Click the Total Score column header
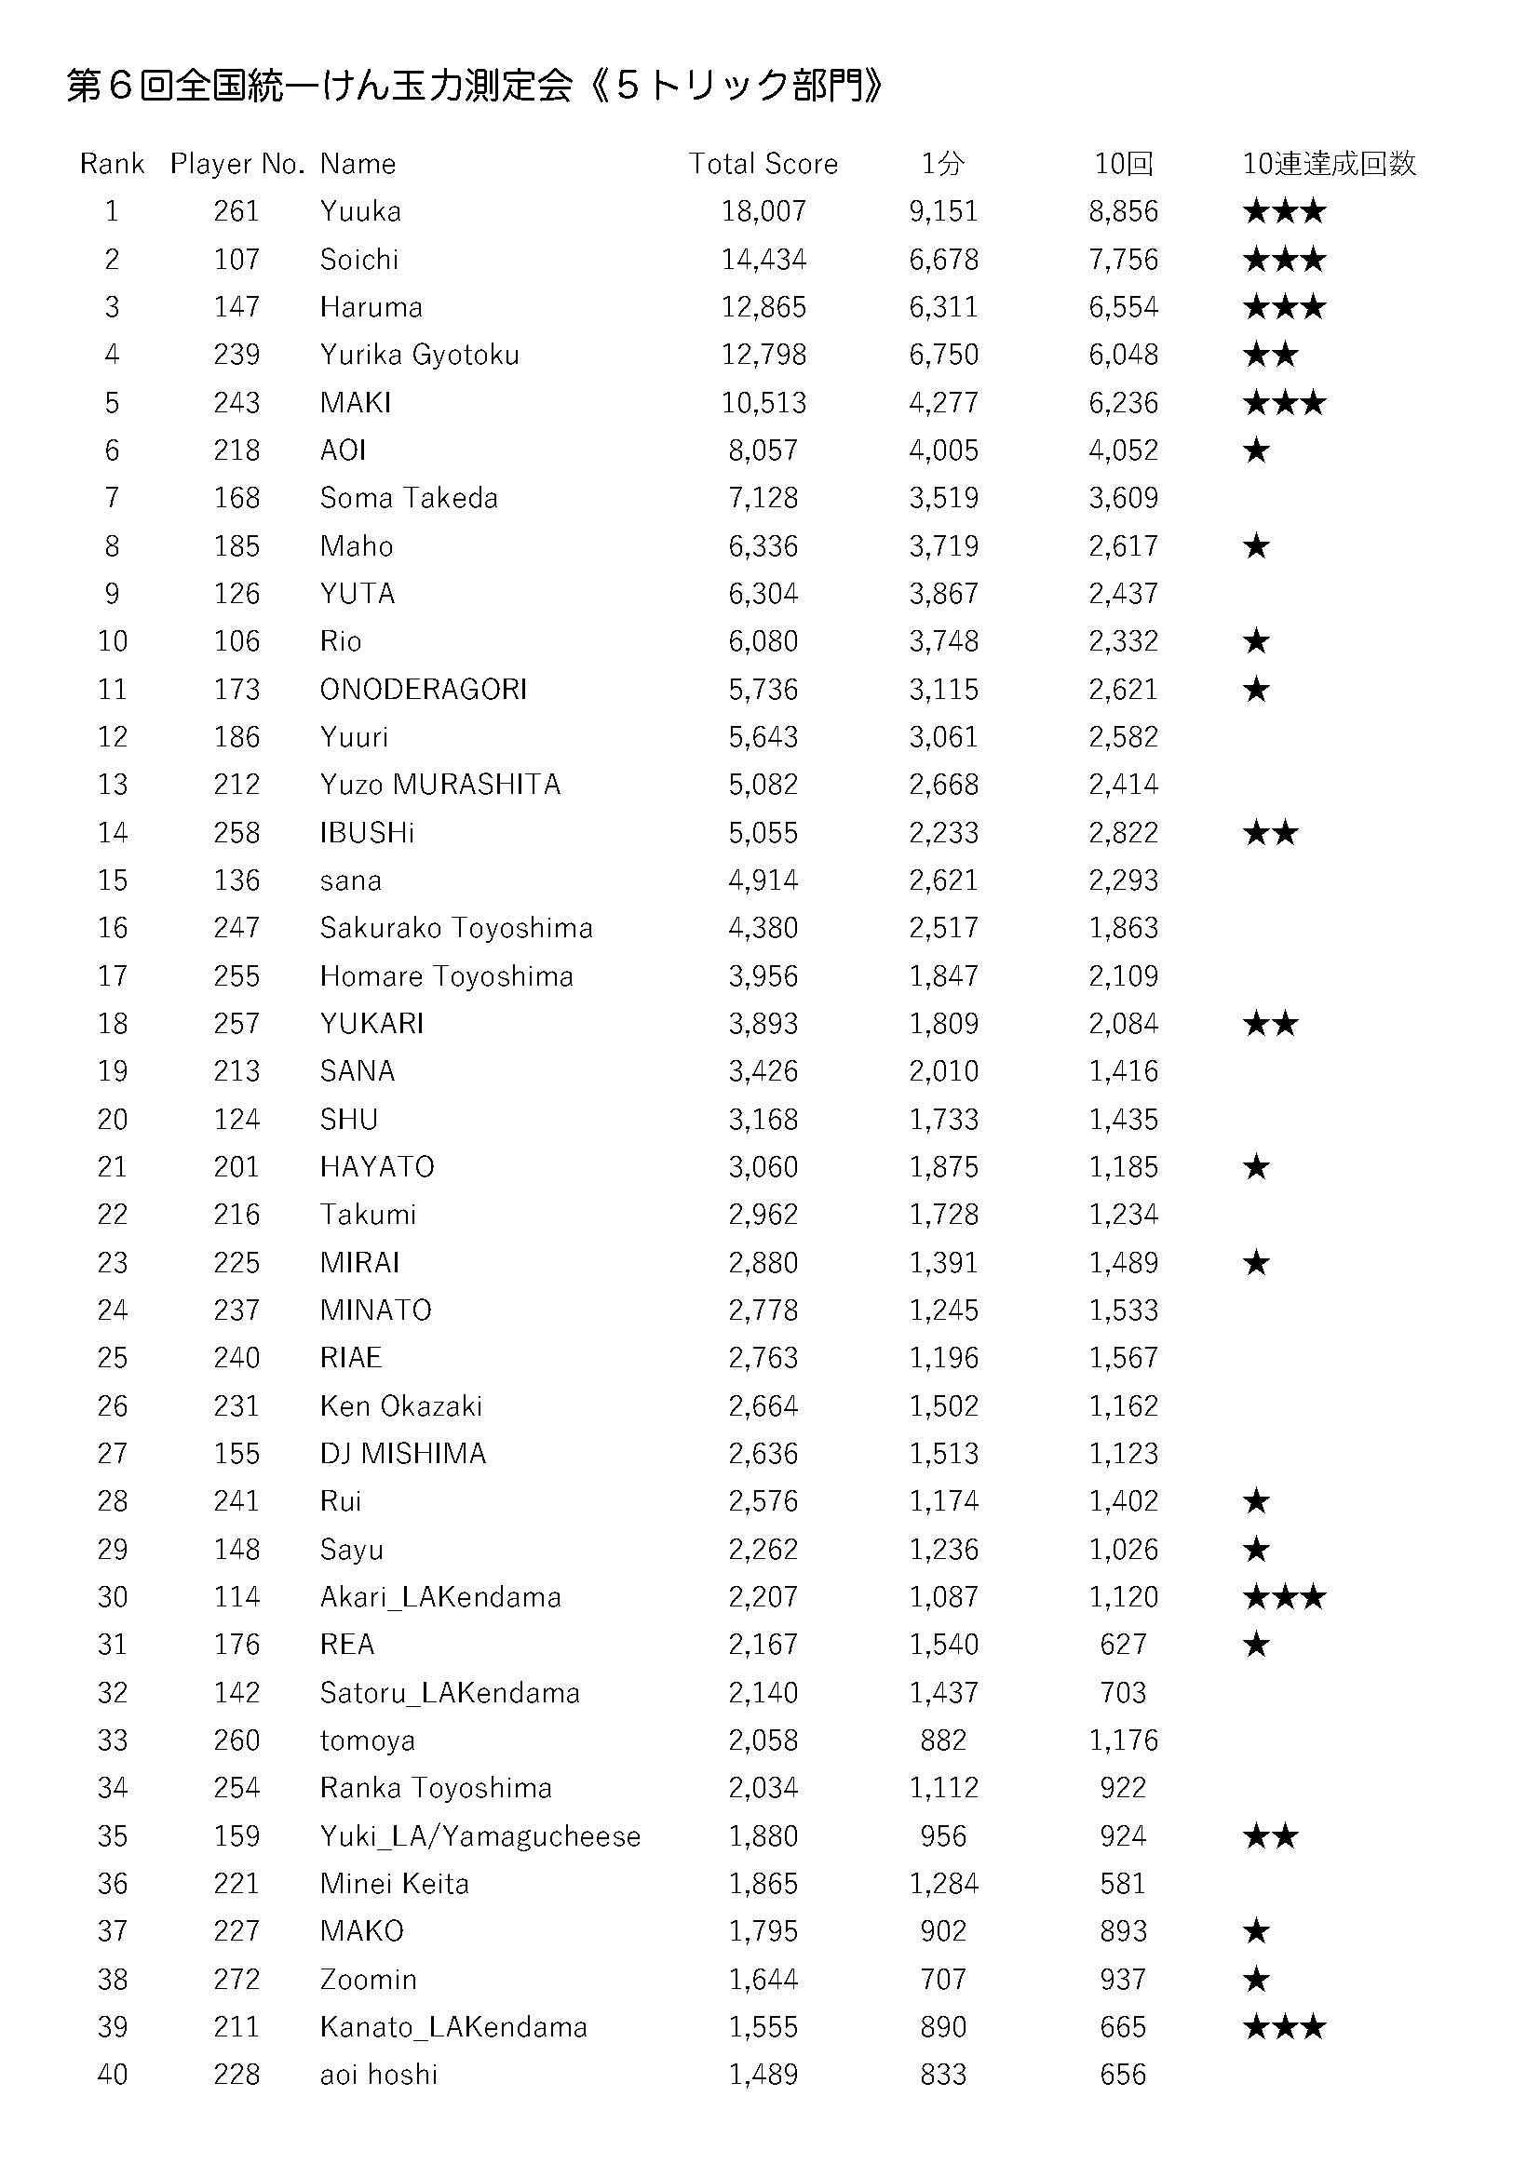click(763, 164)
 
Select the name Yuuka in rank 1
click(360, 211)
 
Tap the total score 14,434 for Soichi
click(763, 260)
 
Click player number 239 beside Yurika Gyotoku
click(236, 355)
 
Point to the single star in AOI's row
click(1255, 450)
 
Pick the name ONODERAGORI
click(423, 690)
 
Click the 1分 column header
click(942, 164)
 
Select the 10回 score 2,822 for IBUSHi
click(1123, 832)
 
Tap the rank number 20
click(112, 1119)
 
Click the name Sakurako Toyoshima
click(456, 927)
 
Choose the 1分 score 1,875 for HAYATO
click(942, 1166)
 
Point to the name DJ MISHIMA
click(403, 1453)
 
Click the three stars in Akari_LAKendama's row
click(1284, 1597)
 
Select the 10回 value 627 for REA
click(1123, 1644)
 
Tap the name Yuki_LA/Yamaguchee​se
click(480, 1835)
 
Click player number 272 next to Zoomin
click(236, 1979)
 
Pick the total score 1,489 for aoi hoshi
click(763, 2074)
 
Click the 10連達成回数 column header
click(1329, 164)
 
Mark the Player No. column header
click(236, 164)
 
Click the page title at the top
click(474, 86)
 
